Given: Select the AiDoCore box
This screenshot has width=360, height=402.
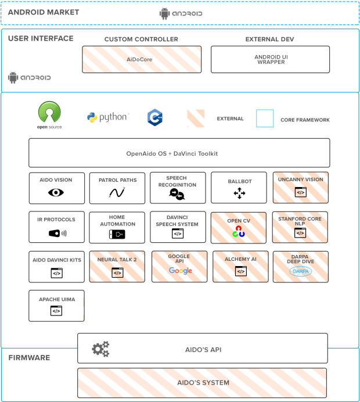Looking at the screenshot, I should tap(142, 60).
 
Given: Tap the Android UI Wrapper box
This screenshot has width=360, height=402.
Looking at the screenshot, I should tap(270, 60).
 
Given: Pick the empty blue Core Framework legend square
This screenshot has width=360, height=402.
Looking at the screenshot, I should tap(265, 119).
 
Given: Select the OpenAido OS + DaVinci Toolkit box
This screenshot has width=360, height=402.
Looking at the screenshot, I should tap(179, 153).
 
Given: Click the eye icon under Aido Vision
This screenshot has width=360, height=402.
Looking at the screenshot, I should tap(56, 193).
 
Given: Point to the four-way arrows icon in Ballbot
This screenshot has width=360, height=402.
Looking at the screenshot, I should tap(239, 193).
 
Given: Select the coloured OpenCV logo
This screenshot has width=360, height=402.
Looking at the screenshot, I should tap(239, 232).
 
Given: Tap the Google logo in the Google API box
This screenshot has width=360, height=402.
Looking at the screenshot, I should tap(180, 271).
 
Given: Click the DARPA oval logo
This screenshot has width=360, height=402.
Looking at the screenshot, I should tap(300, 271).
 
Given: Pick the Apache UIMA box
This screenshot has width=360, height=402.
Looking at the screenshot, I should tap(56, 306).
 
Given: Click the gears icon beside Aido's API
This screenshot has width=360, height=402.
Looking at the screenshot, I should tap(100, 349).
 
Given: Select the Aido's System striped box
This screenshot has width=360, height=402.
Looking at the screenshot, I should tap(202, 383).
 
